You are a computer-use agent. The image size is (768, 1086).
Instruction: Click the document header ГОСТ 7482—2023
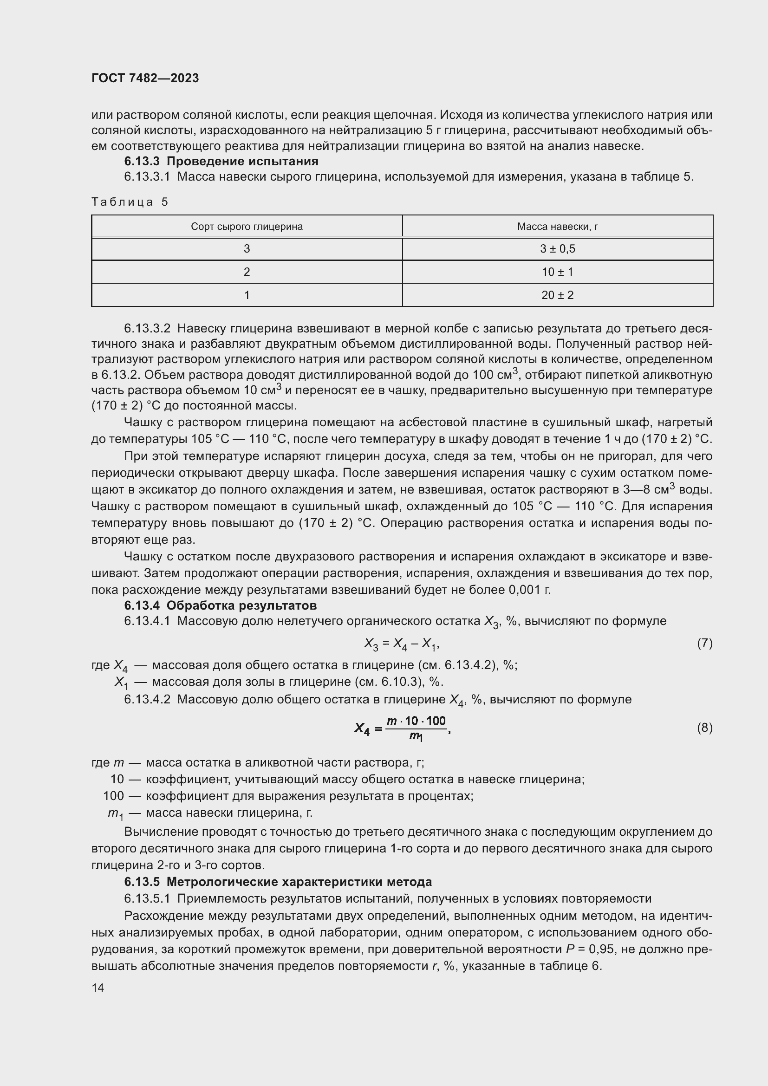click(145, 78)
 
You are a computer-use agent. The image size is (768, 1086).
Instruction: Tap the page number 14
click(98, 988)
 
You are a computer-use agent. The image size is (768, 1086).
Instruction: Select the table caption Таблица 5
click(130, 202)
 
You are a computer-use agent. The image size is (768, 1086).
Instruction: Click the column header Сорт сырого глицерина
click(247, 227)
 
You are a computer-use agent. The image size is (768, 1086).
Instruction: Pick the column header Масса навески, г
click(557, 227)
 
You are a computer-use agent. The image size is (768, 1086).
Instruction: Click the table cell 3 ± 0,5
click(557, 249)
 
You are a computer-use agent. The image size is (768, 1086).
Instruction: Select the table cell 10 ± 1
click(557, 272)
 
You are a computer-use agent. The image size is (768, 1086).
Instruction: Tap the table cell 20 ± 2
click(557, 295)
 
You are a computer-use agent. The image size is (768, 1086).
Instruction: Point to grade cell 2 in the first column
click(247, 272)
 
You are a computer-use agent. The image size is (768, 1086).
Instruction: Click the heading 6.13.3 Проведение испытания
click(221, 161)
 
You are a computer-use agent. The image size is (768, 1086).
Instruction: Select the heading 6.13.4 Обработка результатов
click(221, 605)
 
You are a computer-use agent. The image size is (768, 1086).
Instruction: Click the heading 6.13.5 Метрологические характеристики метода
click(278, 882)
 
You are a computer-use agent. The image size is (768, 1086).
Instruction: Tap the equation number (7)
click(704, 643)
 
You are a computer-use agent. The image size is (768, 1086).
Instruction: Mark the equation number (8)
click(704, 728)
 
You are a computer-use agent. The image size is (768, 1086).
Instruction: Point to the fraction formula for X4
click(402, 728)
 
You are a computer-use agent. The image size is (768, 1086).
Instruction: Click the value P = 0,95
click(587, 949)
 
